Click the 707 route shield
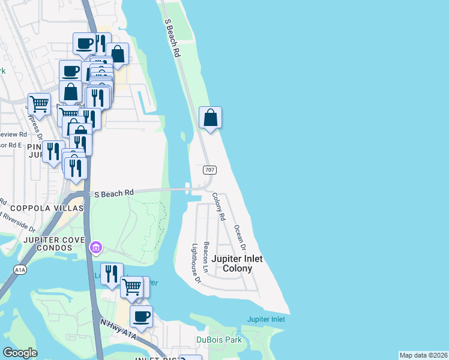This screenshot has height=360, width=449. coord(208,170)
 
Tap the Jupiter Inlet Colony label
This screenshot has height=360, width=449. coord(238,264)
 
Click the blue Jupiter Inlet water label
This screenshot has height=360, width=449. coord(266,319)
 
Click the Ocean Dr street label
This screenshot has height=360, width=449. coord(240,238)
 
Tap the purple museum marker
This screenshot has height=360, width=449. coord(96,247)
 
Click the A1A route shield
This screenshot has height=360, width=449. coord(19,271)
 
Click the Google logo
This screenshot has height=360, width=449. coord(20,353)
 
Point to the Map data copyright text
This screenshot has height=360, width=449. coord(423,355)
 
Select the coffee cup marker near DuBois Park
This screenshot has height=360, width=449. coord(141,316)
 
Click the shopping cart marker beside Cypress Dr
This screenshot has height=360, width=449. coord(39,103)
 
